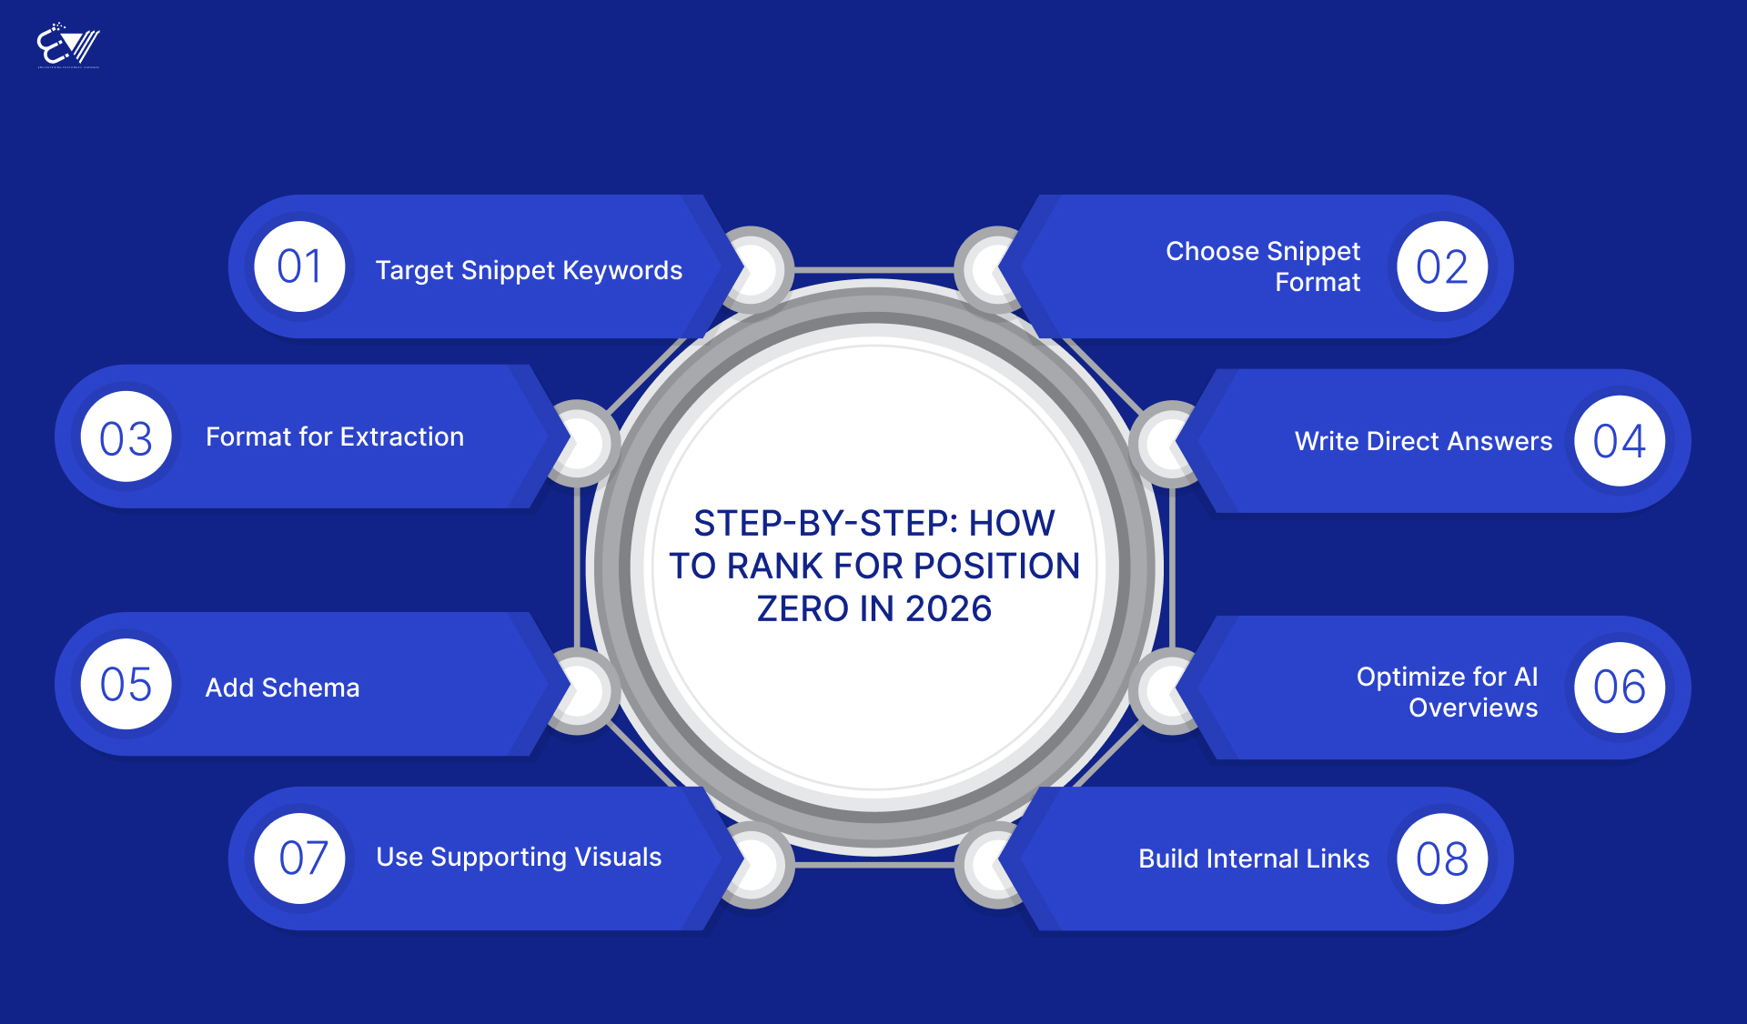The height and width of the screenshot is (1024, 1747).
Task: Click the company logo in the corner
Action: pyautogui.click(x=68, y=45)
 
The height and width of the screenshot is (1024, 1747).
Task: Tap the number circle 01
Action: pyautogui.click(x=299, y=266)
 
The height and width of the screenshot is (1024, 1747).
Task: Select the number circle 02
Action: pyautogui.click(x=1442, y=266)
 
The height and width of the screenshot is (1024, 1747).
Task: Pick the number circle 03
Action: pyautogui.click(x=126, y=437)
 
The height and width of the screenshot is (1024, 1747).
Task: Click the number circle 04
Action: pyautogui.click(x=1620, y=441)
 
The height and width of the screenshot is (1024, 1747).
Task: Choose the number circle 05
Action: pyautogui.click(x=126, y=684)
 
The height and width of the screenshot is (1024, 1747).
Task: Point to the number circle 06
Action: pyautogui.click(x=1620, y=688)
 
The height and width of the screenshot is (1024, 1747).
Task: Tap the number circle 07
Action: pyautogui.click(x=299, y=858)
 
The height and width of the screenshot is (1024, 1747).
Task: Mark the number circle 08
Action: pyautogui.click(x=1442, y=858)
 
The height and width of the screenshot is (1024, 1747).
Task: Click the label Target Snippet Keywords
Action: pyautogui.click(x=529, y=270)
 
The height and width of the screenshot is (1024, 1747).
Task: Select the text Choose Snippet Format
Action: pyautogui.click(x=1263, y=266)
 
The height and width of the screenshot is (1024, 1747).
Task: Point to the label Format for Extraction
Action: pyautogui.click(x=335, y=437)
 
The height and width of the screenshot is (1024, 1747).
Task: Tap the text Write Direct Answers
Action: pyautogui.click(x=1423, y=441)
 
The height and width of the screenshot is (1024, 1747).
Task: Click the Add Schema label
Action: pyautogui.click(x=282, y=688)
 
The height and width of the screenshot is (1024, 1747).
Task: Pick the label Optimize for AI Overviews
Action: pyautogui.click(x=1447, y=692)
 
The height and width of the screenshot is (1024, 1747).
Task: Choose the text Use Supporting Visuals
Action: pyautogui.click(x=519, y=857)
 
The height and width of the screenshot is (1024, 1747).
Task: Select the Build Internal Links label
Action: pyautogui.click(x=1254, y=858)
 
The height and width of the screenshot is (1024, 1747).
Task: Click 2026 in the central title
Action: pyautogui.click(x=948, y=608)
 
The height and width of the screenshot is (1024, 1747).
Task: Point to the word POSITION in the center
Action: pyautogui.click(x=996, y=566)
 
